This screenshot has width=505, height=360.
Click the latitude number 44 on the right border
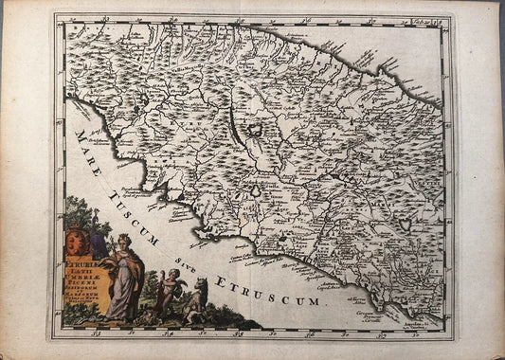click(447, 79)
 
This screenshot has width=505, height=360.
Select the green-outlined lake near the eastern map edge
click(406, 225)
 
